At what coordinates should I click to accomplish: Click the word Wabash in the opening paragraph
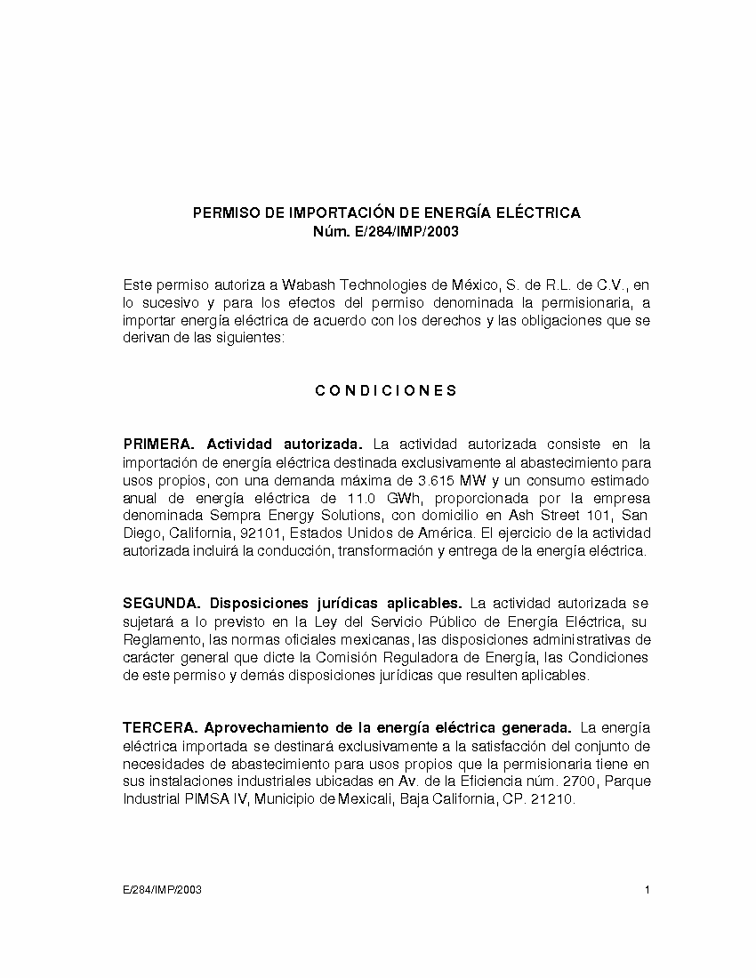coord(306,285)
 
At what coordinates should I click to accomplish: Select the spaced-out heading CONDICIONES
coord(387,390)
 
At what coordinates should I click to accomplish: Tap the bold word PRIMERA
coord(158,443)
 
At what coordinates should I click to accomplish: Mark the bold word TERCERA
coord(159,728)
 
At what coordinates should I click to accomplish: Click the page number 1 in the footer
coord(647,890)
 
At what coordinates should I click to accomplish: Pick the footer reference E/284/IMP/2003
coord(162,890)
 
